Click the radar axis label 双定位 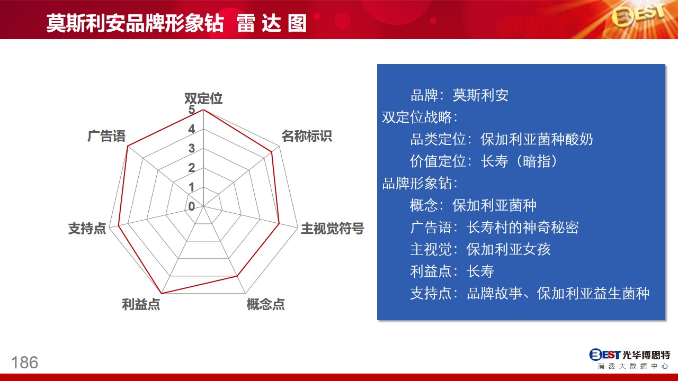[x=203, y=98]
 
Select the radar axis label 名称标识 [x=307, y=136]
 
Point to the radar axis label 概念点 [x=265, y=304]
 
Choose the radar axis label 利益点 [x=141, y=304]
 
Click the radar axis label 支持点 [x=87, y=228]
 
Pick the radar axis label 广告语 [x=106, y=136]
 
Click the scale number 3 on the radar [x=192, y=149]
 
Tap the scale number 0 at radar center [x=192, y=206]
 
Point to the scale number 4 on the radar [x=192, y=130]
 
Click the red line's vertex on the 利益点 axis [x=162, y=293]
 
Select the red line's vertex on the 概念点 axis [x=237, y=276]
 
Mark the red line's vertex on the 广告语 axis [x=128, y=147]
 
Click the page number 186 [x=25, y=362]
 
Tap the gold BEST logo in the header [x=639, y=16]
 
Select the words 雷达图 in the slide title [x=272, y=23]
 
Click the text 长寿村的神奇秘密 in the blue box [x=523, y=228]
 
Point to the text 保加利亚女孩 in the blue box [x=508, y=249]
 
